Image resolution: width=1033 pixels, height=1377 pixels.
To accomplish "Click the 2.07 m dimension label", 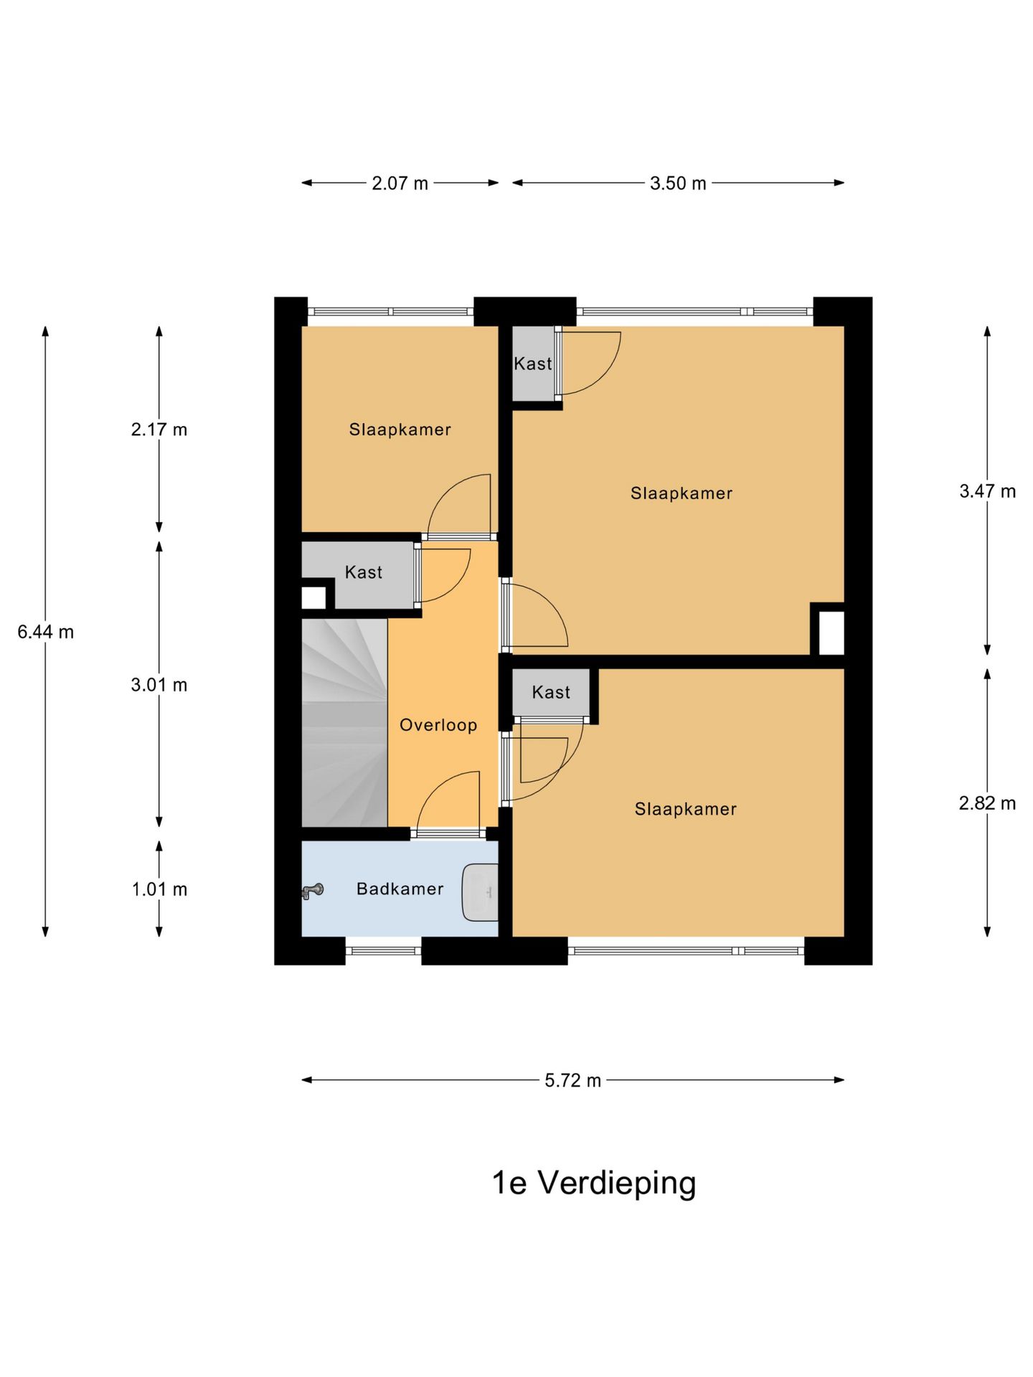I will click(x=400, y=184).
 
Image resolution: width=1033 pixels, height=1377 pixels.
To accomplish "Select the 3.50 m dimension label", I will click(x=678, y=184).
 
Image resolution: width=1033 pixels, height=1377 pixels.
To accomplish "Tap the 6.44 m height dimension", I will click(x=46, y=632).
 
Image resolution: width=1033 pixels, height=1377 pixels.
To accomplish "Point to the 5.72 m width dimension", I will click(x=572, y=1080).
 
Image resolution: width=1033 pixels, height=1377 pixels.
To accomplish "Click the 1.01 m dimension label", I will click(x=159, y=889).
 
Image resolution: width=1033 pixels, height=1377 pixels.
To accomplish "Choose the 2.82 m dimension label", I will click(x=987, y=803).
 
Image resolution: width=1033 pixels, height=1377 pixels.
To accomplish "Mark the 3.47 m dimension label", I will click(x=987, y=491).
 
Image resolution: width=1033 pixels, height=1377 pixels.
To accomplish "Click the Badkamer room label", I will click(x=400, y=889).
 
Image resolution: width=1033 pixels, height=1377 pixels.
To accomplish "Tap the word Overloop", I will click(x=438, y=725).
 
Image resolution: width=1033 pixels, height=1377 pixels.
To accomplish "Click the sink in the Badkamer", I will click(x=480, y=892).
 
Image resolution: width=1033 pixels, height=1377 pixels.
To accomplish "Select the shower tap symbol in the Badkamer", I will click(x=312, y=891).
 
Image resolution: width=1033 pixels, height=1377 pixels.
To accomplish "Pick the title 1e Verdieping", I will click(x=593, y=1183).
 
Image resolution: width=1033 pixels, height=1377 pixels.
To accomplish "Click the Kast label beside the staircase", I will click(x=364, y=572).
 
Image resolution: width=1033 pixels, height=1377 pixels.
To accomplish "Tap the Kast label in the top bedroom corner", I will click(x=533, y=364).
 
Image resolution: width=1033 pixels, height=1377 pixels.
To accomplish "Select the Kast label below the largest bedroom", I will click(x=551, y=692).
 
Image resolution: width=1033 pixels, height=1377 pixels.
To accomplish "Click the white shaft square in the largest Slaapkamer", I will click(x=831, y=632).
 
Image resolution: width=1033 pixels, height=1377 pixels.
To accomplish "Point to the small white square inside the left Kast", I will click(x=313, y=597).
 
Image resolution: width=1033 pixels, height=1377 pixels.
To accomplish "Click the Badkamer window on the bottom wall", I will click(x=383, y=951).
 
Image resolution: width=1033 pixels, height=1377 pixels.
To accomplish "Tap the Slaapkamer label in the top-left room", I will click(x=400, y=430).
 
